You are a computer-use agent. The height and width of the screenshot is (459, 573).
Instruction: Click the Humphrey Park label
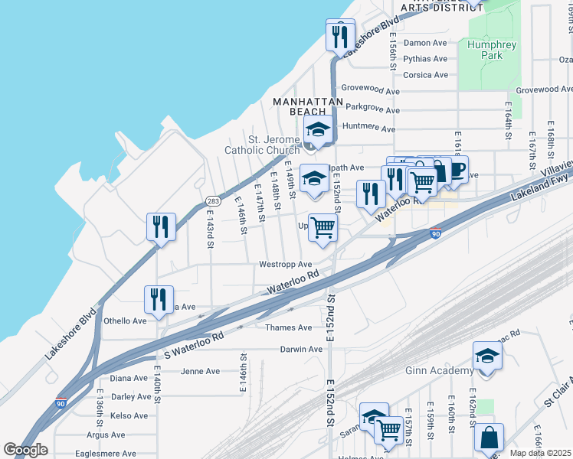coord(492,50)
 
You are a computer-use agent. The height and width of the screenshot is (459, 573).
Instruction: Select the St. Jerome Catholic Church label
coord(262,145)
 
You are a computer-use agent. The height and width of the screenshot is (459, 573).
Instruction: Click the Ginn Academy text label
coord(439,371)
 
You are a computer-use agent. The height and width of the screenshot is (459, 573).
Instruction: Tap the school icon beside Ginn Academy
coord(487,357)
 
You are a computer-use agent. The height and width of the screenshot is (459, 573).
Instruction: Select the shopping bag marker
coord(488,439)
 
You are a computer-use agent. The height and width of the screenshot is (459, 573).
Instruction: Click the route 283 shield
coord(213,200)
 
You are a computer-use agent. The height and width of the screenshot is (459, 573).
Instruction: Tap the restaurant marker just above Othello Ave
coord(159,301)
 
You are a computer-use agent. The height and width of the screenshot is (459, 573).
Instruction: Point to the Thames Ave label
coord(288,327)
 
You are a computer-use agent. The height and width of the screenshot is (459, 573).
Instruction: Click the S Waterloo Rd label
coord(194,347)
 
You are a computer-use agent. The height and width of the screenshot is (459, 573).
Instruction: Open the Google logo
coord(25,450)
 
